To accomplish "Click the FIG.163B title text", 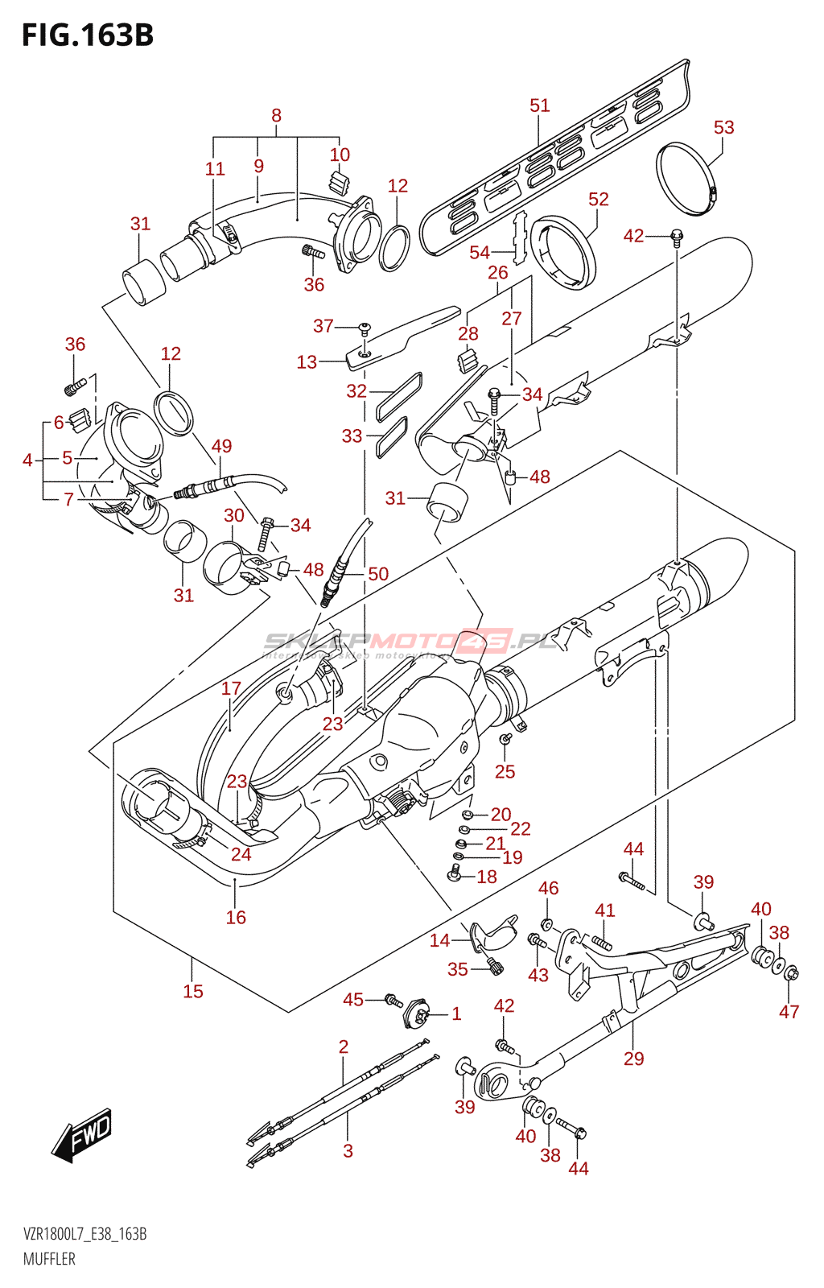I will (x=87, y=35).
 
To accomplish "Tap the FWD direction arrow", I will (x=82, y=1135).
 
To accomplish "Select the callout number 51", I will (x=539, y=105).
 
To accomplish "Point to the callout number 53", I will (x=723, y=127).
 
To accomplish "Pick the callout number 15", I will (x=193, y=991).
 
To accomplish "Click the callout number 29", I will (x=633, y=1058).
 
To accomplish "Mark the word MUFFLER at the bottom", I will (x=49, y=1259).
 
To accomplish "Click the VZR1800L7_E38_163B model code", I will (x=84, y=1234).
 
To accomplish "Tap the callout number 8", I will (x=276, y=115).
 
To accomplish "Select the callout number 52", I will (x=598, y=199).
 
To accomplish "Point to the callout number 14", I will (x=439, y=940).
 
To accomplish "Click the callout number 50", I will (x=378, y=573).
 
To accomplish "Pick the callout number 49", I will (x=221, y=446).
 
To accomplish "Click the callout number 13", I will (x=307, y=362).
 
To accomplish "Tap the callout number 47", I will (x=789, y=1011).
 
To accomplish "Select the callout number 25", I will (x=505, y=771).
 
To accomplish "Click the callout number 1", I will (x=456, y=1013).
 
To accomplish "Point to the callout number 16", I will (x=236, y=917).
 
